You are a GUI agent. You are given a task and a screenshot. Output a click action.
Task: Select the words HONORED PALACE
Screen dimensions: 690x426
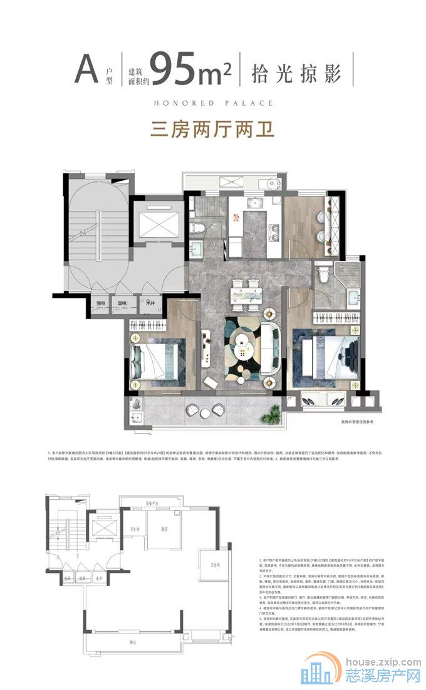(x=213, y=103)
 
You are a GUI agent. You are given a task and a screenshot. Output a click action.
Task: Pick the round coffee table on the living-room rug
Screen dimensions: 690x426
(x=242, y=341)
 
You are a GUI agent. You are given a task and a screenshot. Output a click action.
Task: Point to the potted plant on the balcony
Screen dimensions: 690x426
(x=274, y=413)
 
